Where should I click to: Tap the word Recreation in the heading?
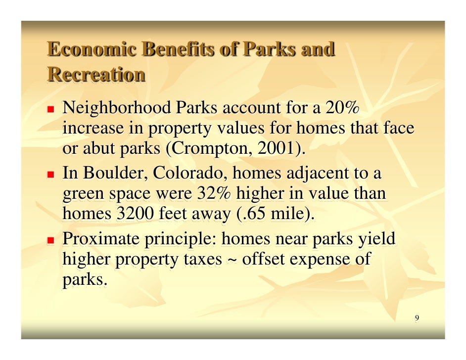[x=96, y=75]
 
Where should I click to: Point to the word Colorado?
[x=190, y=174]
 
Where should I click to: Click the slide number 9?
[x=417, y=318]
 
